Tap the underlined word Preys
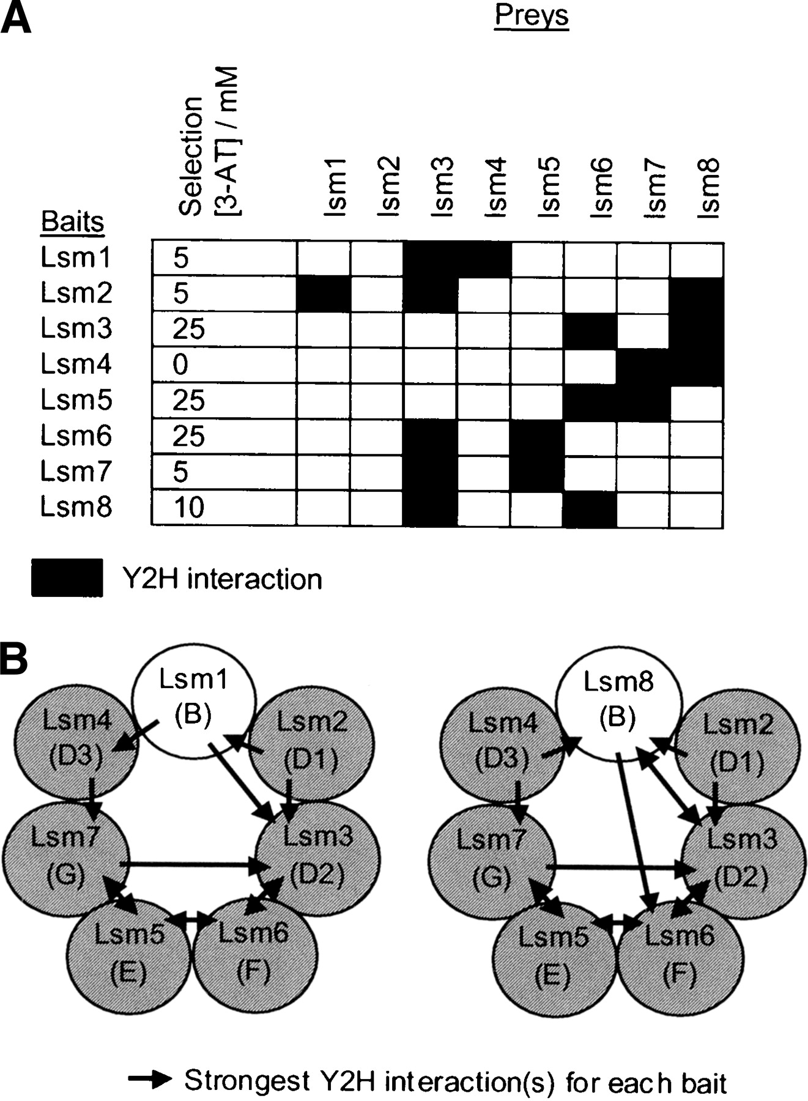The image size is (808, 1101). [x=531, y=15]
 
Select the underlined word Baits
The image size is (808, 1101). [x=72, y=222]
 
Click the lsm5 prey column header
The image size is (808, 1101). [x=549, y=187]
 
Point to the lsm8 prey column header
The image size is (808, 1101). [x=710, y=187]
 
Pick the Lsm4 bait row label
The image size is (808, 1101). [x=76, y=364]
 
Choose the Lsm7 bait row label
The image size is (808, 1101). [x=76, y=472]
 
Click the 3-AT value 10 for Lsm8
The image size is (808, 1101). [x=188, y=508]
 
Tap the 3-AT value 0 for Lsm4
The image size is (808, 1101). [x=180, y=365]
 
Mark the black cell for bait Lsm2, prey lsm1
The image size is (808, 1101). [x=324, y=294]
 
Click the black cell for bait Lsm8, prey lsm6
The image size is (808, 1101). [x=590, y=508]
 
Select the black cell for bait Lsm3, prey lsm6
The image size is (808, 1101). [x=590, y=330]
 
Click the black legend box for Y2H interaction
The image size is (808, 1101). [x=67, y=577]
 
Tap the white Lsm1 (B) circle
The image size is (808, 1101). [x=193, y=697]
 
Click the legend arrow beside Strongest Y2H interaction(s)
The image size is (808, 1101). [x=150, y=1080]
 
